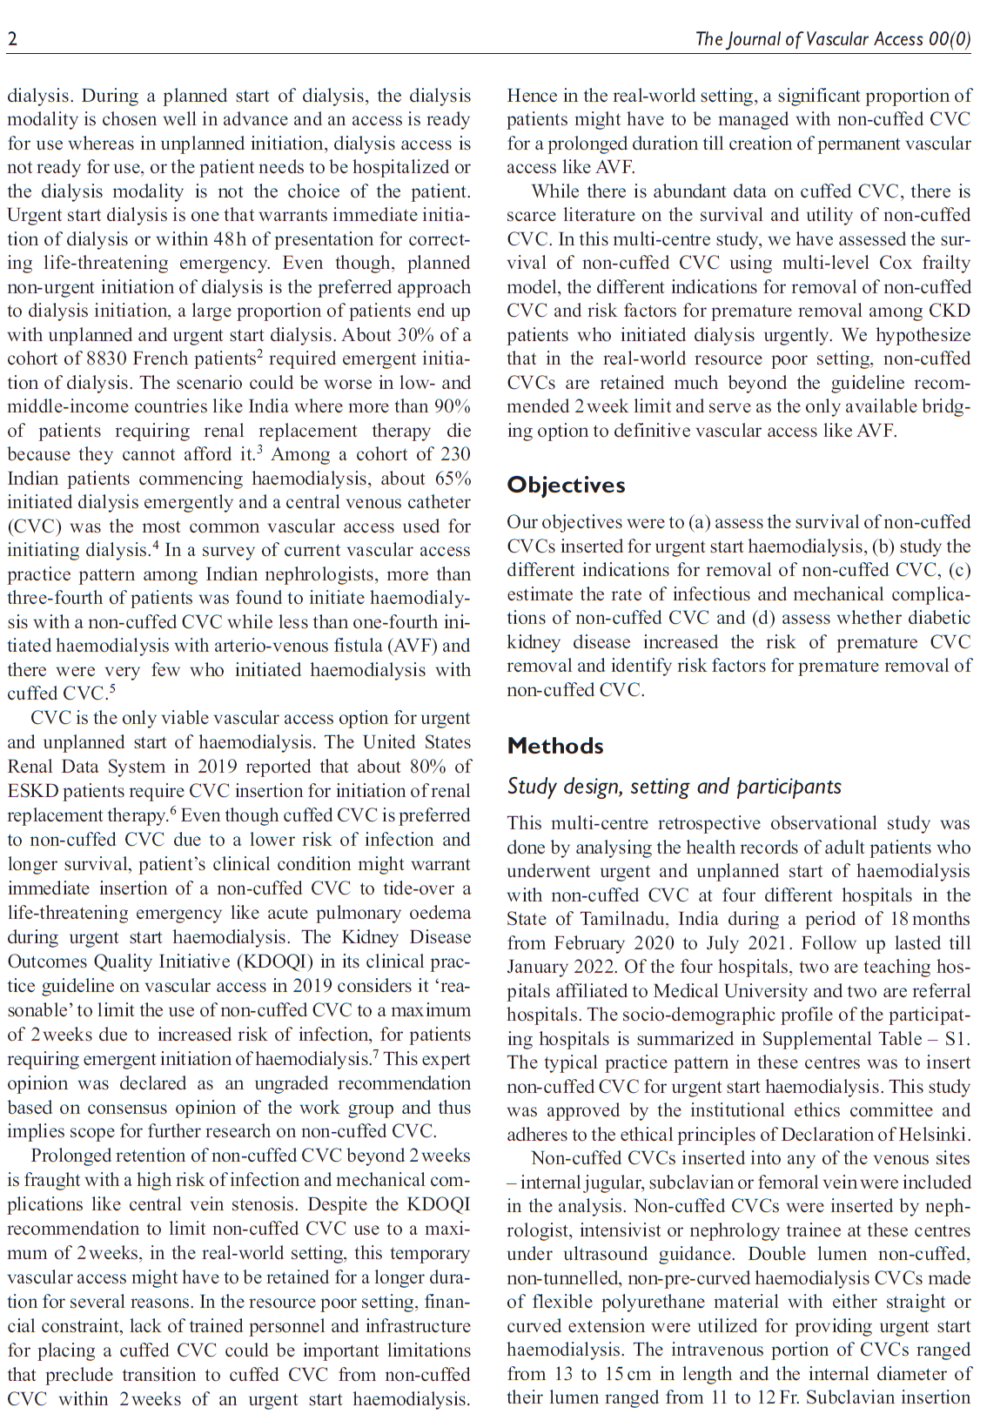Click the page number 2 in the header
12,39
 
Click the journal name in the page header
832,39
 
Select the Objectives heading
566,485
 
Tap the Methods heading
555,746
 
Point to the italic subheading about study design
674,787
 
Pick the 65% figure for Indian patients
452,479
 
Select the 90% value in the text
452,406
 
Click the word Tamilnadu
626,919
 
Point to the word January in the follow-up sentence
540,967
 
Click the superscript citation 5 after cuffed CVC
111,690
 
